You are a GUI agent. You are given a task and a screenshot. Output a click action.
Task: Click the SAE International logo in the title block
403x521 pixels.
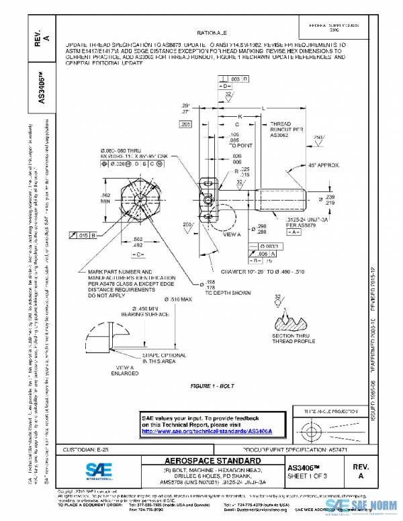coord(98,471)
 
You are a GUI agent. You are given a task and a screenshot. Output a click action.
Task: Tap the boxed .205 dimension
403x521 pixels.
coord(185,125)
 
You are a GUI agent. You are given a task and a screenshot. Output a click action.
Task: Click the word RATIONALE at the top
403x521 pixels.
coord(212,32)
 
